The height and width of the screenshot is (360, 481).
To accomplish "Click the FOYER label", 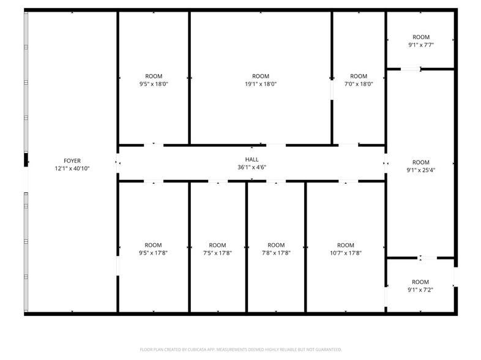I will point(72,160).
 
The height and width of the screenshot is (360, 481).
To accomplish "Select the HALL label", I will point(252,159).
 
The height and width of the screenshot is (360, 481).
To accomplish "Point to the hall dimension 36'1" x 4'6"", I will point(252,167).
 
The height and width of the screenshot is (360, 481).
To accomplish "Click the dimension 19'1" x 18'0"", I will point(261,84).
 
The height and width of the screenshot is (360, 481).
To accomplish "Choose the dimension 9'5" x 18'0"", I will point(154,84).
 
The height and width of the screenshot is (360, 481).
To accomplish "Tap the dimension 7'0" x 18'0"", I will point(359,84).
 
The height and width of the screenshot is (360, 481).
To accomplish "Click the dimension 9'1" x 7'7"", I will point(421,45).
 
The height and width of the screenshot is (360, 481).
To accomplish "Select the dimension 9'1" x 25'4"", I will point(421,170).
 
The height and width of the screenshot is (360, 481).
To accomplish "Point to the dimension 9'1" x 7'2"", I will point(421,290).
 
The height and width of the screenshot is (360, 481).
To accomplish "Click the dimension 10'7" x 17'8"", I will point(346,253).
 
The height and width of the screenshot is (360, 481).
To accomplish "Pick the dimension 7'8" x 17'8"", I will point(276,253).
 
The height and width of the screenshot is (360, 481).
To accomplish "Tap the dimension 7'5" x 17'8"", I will point(217,253).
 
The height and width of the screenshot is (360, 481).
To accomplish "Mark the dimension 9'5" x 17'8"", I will point(154,253).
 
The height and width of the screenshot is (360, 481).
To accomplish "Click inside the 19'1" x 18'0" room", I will point(261,110).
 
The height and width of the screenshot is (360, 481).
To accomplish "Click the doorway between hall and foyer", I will point(117,163).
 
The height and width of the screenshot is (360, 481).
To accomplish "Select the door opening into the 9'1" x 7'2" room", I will point(427,258).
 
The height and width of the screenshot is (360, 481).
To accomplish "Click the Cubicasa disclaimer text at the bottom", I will point(240,349).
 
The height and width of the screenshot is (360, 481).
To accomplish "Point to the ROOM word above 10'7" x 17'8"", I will point(346,246).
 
